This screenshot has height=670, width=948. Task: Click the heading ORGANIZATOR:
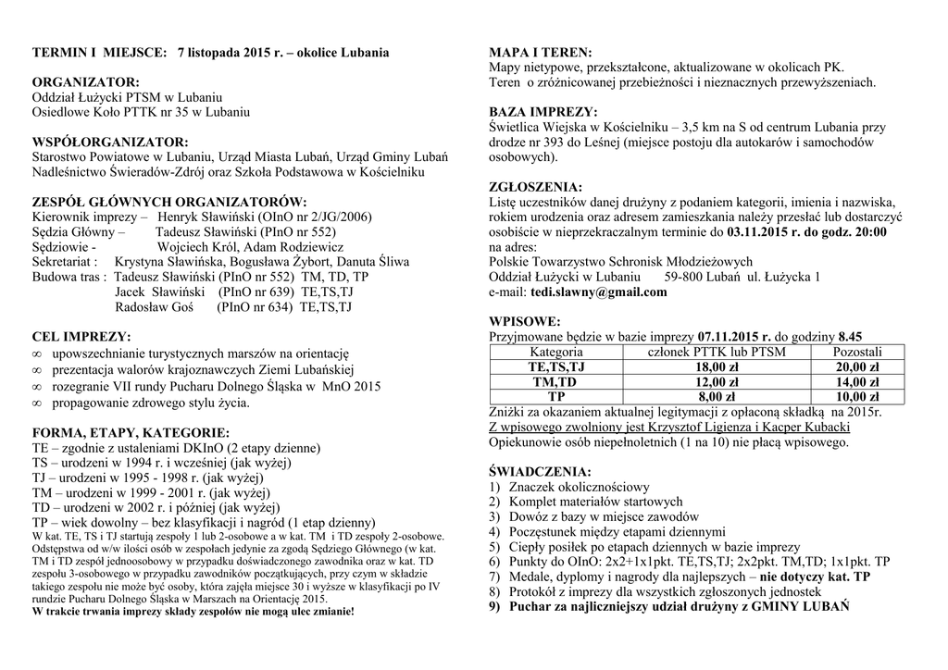pos(85,82)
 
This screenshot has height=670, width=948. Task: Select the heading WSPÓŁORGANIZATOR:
pos(109,143)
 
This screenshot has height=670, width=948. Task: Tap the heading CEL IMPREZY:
pos(81,336)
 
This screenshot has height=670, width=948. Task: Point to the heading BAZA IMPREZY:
pos(543,112)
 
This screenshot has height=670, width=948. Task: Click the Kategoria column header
pos(555,353)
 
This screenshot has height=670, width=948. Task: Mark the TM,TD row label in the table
pos(555,382)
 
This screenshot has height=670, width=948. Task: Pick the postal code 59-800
pos(683,277)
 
